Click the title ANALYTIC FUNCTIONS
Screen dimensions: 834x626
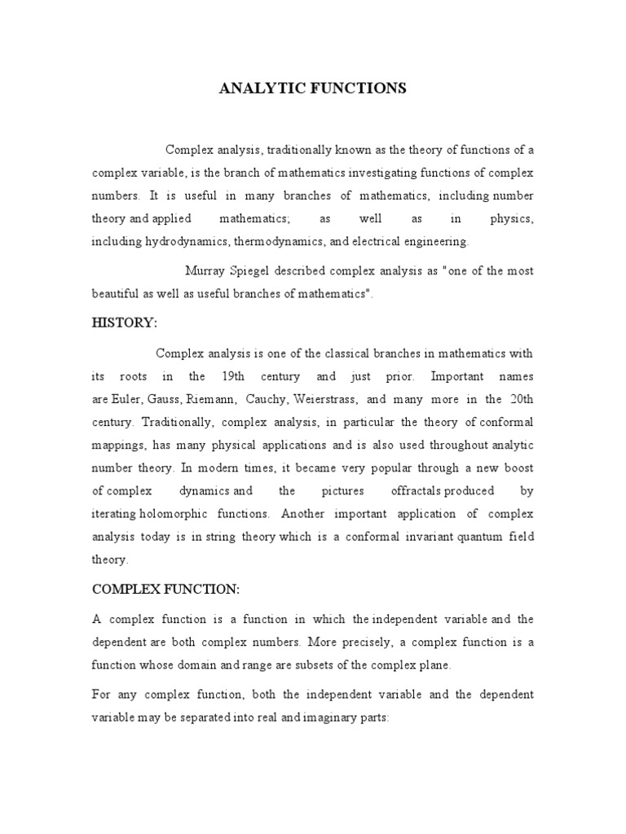(x=312, y=88)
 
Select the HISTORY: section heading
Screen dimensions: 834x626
(x=124, y=323)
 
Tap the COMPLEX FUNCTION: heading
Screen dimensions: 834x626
(x=165, y=589)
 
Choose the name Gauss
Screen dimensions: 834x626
(x=166, y=399)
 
